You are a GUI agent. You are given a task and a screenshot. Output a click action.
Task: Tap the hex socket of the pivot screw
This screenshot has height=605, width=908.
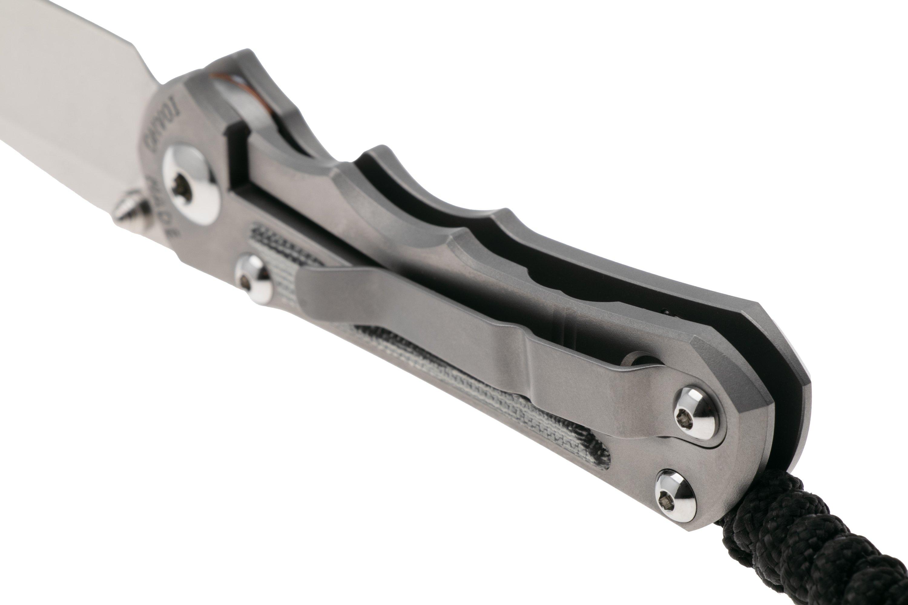[181, 188]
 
